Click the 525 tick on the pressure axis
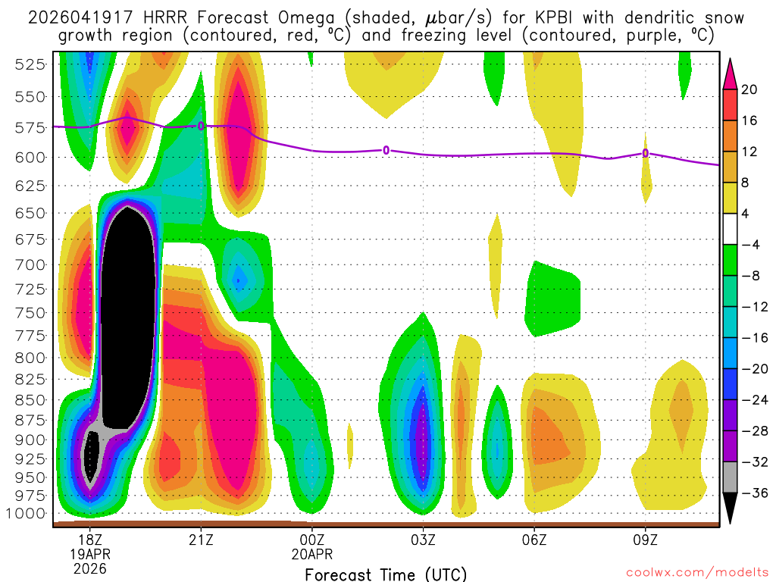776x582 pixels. point(30,64)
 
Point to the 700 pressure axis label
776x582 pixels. point(30,264)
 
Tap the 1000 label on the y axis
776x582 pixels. point(27,513)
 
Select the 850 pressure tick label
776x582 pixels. point(30,399)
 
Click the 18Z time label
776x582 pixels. point(90,540)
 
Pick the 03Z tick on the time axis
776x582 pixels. point(423,540)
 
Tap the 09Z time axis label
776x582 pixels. point(646,540)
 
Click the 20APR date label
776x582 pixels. point(312,554)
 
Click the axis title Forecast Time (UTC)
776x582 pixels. point(386,574)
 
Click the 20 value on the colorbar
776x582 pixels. point(749,89)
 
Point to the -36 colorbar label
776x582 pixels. point(753,493)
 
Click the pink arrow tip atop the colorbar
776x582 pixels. point(731,70)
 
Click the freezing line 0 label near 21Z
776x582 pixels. point(201,126)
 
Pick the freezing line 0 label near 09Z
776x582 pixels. point(646,153)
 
